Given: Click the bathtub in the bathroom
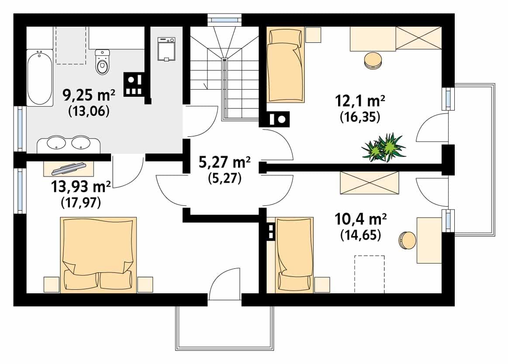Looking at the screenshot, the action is [39, 78].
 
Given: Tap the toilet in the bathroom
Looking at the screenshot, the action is [103, 62].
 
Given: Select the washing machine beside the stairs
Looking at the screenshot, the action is [166, 49].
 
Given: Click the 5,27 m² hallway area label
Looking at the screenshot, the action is [224, 162].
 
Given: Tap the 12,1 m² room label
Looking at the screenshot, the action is [360, 101].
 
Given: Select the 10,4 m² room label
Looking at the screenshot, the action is [360, 219].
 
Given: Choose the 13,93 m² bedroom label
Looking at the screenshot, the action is [81, 187].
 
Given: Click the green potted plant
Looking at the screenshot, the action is [384, 148].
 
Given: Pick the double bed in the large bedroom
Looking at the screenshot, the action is [98, 255].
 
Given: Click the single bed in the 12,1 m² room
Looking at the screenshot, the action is [285, 65].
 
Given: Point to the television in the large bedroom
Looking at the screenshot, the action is [69, 167].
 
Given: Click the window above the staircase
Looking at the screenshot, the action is [225, 20].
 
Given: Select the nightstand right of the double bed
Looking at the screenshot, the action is [145, 284].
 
